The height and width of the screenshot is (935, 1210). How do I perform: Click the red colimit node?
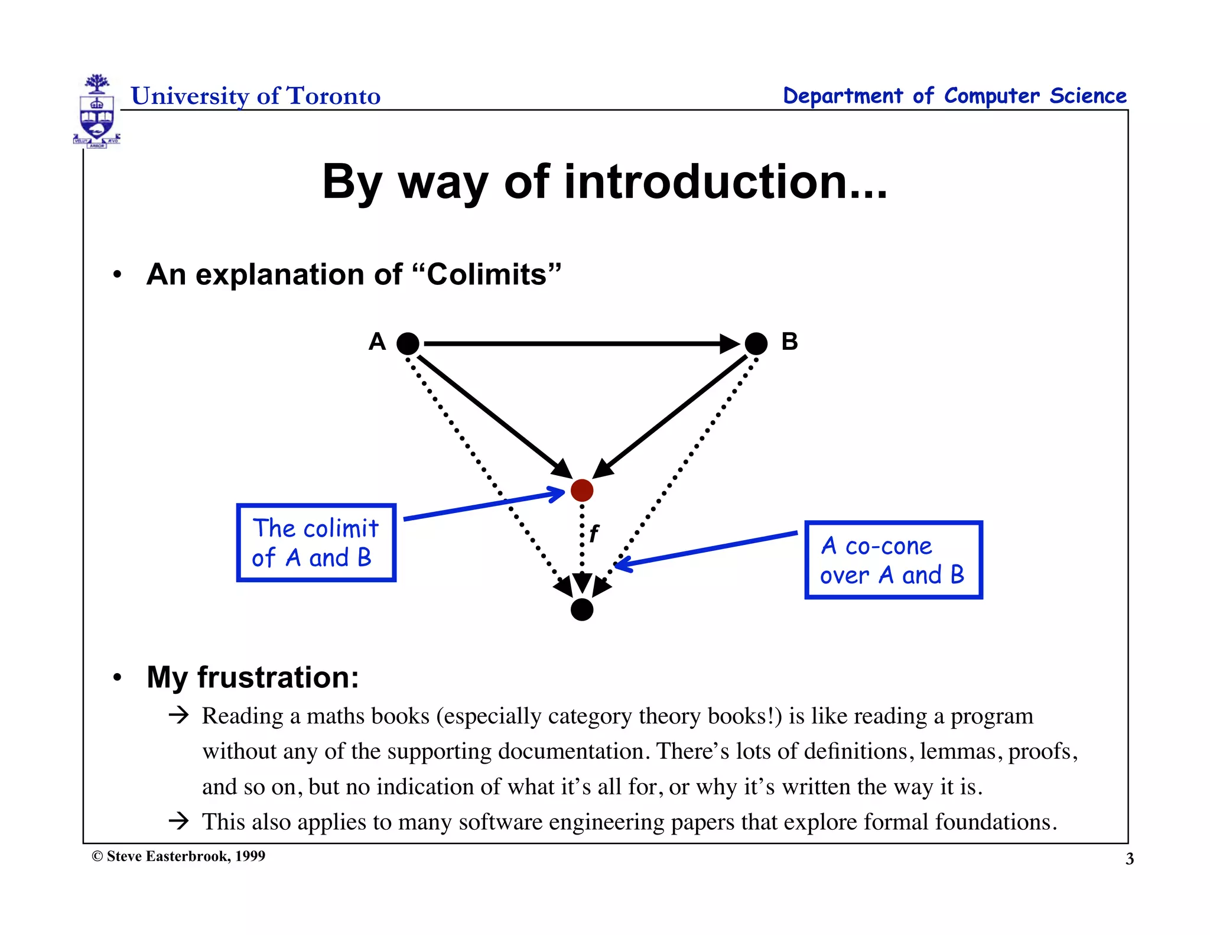tap(582, 490)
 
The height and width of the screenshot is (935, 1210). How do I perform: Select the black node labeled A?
tap(408, 343)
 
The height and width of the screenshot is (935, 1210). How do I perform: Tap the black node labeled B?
tap(756, 343)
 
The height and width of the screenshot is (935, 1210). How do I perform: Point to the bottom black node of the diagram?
tap(582, 609)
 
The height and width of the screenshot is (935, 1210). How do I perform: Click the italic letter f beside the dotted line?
tap(594, 534)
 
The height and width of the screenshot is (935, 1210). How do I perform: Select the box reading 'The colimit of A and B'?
tap(316, 543)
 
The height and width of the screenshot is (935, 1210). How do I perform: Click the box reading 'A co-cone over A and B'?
tap(893, 560)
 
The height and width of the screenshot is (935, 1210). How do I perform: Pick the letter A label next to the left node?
tap(377, 342)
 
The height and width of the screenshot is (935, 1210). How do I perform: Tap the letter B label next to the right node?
tap(789, 342)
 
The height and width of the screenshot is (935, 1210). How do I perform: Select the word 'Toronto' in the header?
tap(333, 96)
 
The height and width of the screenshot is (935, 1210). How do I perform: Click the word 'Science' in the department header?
tap(1088, 96)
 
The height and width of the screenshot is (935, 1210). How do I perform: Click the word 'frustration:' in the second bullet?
tap(278, 677)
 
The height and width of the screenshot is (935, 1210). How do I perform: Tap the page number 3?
tap(1129, 859)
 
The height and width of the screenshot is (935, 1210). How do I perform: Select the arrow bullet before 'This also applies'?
tap(178, 821)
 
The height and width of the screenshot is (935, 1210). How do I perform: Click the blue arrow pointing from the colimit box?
tap(484, 505)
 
